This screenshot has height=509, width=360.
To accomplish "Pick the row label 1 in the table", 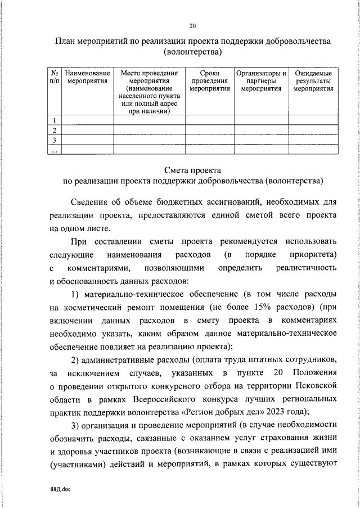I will click(x=54, y=120).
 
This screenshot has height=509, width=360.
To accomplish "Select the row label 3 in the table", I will click(x=54, y=139).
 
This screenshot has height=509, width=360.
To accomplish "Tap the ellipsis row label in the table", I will click(x=54, y=150).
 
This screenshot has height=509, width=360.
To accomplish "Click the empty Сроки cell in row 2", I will click(x=209, y=130).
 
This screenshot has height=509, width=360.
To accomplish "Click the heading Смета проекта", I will click(x=193, y=170).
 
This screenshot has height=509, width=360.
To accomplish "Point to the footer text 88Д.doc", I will click(x=60, y=490).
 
